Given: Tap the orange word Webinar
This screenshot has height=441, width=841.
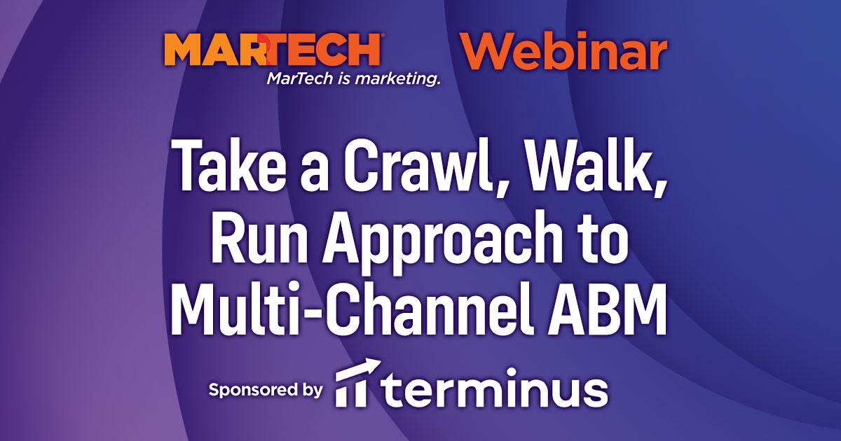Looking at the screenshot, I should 563,52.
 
